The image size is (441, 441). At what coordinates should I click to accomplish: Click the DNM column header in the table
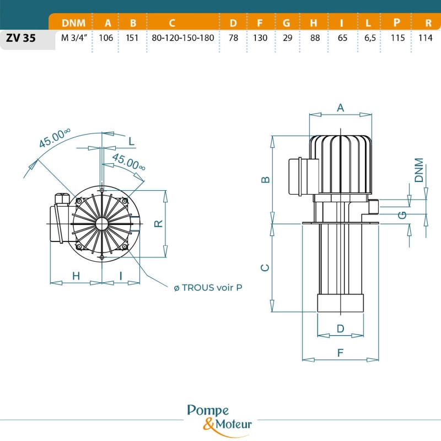tap(73, 23)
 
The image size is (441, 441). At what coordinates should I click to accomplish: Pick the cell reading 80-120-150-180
tap(183, 38)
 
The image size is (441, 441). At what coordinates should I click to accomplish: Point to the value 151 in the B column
tap(133, 38)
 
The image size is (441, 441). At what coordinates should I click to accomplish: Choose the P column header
tap(397, 23)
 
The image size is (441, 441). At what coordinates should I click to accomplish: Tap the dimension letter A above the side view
tap(340, 108)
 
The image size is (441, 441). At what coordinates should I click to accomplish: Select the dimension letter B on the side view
tap(265, 180)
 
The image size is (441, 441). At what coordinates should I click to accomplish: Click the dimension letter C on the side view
tap(265, 268)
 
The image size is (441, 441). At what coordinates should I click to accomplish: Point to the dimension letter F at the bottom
tap(340, 353)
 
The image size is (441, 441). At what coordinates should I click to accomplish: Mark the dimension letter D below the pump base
tap(340, 329)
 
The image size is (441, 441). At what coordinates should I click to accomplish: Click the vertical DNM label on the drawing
tap(420, 170)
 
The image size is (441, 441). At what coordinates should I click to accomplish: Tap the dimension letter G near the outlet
tap(403, 215)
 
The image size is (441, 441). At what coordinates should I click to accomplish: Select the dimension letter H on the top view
tap(76, 276)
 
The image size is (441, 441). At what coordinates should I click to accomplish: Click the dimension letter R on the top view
tap(158, 224)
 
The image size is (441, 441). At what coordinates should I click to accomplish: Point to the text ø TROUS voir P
tap(208, 287)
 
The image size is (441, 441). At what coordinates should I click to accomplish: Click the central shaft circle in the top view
tap(102, 223)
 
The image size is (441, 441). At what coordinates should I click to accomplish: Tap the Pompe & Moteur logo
tap(219, 417)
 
